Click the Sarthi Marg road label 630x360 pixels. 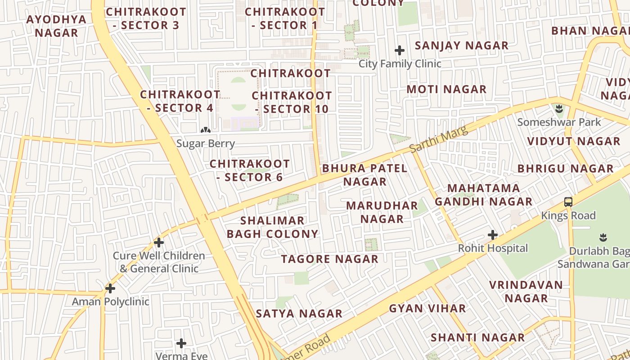pyautogui.click(x=439, y=139)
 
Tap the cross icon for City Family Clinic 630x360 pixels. pyautogui.click(x=399, y=50)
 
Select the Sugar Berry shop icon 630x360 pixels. pyautogui.click(x=206, y=130)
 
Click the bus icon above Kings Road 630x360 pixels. pyautogui.click(x=568, y=202)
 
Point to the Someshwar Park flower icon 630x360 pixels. pyautogui.click(x=559, y=108)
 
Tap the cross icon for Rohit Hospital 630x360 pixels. pyautogui.click(x=493, y=235)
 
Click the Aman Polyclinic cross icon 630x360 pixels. pyautogui.click(x=110, y=288)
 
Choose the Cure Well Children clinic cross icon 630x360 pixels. pyautogui.click(x=158, y=243)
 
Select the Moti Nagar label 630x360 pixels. pyautogui.click(x=446, y=89)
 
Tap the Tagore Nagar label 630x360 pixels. pyautogui.click(x=330, y=259)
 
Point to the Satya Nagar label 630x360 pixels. pyautogui.click(x=299, y=314)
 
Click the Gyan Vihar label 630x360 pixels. pyautogui.click(x=427, y=309)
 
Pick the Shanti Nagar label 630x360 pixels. pyautogui.click(x=478, y=337)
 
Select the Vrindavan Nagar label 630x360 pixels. pyautogui.click(x=526, y=292)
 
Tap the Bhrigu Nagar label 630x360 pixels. pyautogui.click(x=566, y=169)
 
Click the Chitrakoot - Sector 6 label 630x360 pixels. pyautogui.click(x=250, y=171)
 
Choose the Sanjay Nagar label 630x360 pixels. pyautogui.click(x=462, y=45)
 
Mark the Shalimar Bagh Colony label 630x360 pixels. pyautogui.click(x=273, y=227)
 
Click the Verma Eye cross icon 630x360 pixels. pyautogui.click(x=181, y=344)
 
